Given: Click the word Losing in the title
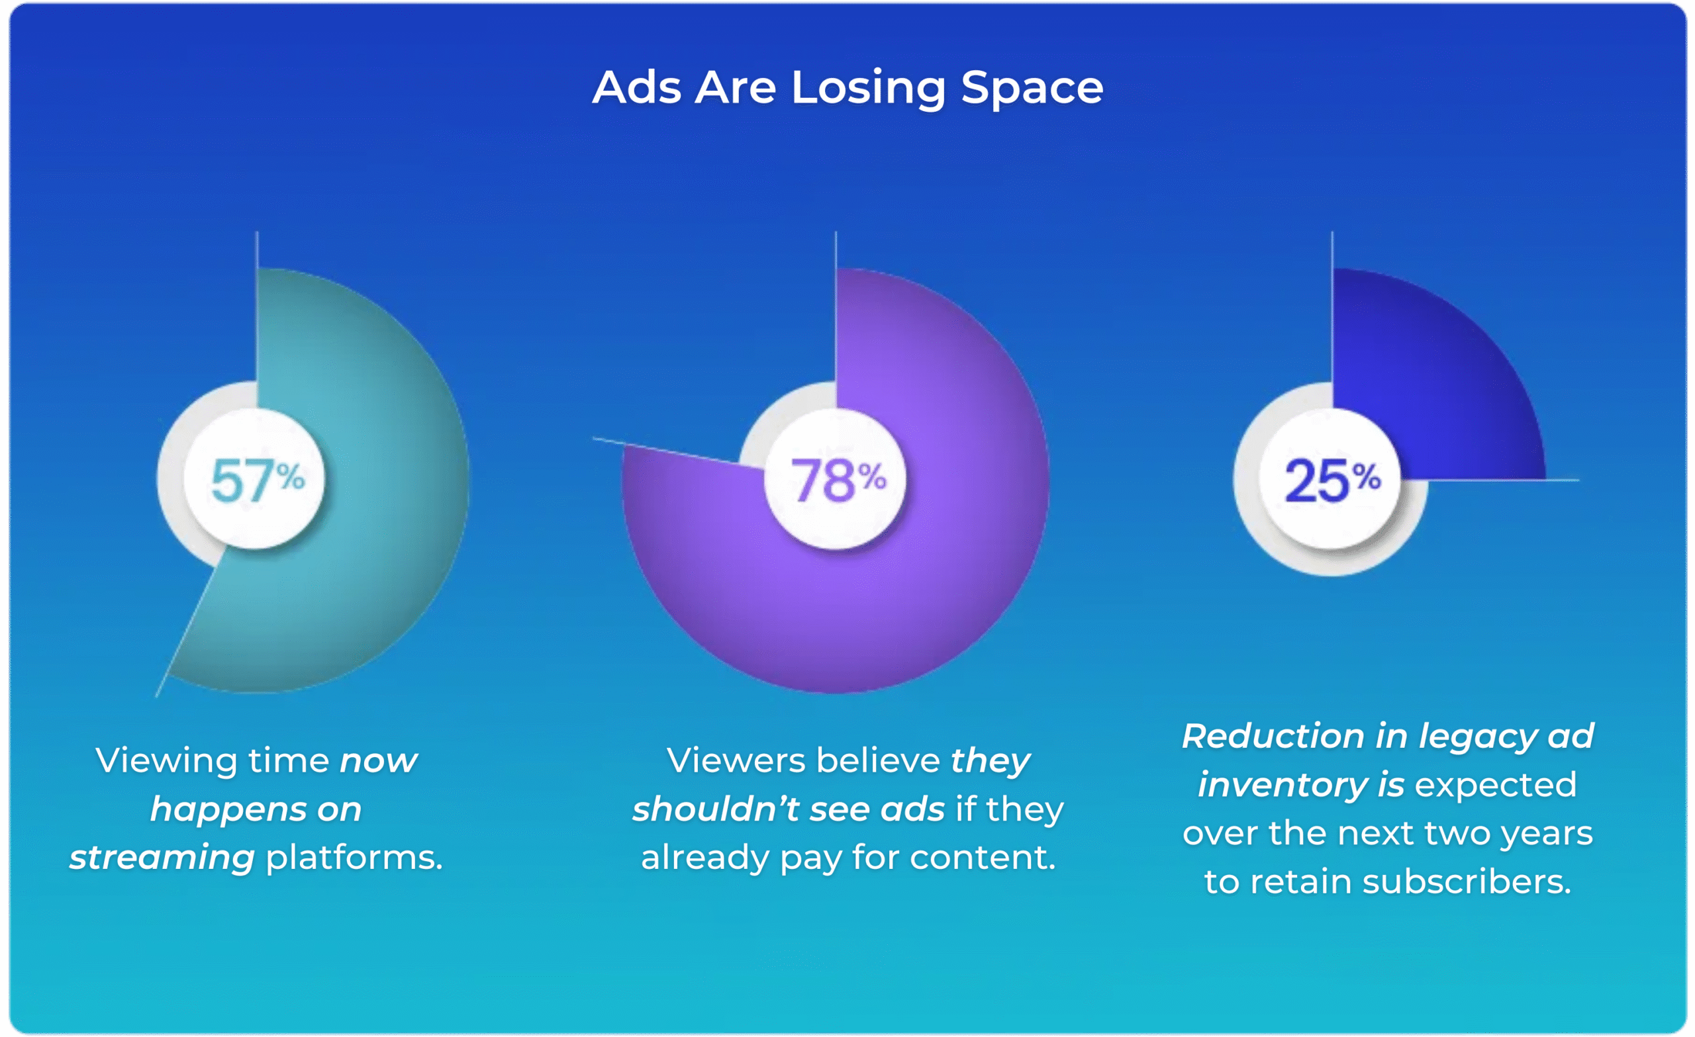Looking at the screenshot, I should coord(868,89).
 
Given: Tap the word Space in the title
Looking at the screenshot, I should coord(1032,89).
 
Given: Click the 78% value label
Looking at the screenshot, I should coord(837,479).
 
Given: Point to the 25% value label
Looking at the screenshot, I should coord(1332,479).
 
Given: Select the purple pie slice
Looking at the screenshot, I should coord(895,605).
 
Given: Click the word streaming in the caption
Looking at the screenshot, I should coord(162,858).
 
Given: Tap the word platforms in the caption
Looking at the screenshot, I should coord(354,858).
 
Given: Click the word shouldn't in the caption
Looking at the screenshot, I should coord(716,809).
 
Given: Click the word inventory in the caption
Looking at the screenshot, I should coord(1283,786).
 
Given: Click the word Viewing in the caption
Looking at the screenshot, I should coord(165,761).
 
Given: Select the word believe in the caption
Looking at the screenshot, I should coord(878,760).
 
